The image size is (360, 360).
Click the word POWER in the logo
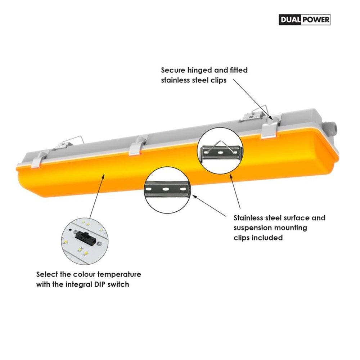[x=316, y=20]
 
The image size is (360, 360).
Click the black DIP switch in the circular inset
[x=85, y=238]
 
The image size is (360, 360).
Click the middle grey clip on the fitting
[x=137, y=146]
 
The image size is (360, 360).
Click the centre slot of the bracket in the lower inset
[x=166, y=189]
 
